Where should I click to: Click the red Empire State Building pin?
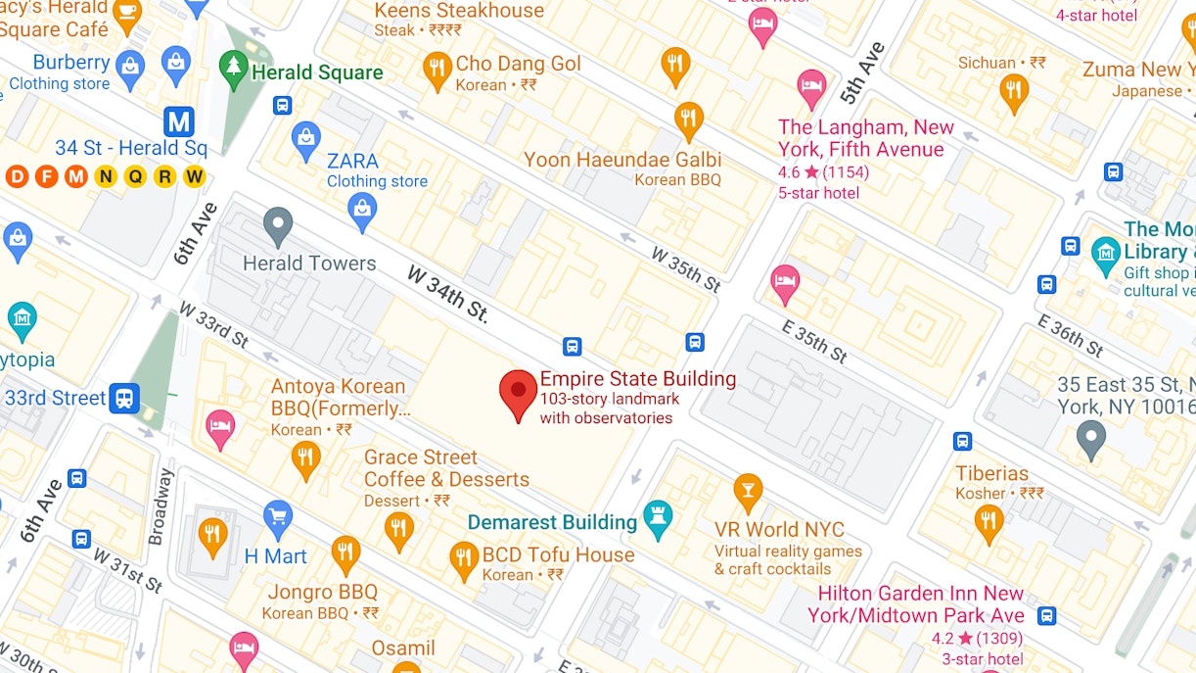click(519, 392)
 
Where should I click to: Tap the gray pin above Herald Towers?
click(279, 225)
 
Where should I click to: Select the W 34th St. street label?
click(447, 293)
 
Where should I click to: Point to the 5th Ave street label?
click(862, 73)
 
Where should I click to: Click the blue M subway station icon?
click(178, 121)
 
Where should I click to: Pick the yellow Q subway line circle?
click(135, 176)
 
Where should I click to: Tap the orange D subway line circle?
click(17, 176)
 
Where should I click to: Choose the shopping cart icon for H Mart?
click(278, 516)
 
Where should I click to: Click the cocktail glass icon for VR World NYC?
click(748, 491)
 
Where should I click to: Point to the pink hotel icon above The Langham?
click(811, 87)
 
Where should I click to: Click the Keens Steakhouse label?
click(459, 11)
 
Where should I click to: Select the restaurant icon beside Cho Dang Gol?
click(437, 70)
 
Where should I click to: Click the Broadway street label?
click(159, 506)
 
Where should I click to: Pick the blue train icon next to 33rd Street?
click(124, 398)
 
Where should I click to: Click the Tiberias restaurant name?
click(992, 473)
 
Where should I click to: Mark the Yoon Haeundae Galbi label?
click(622, 160)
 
